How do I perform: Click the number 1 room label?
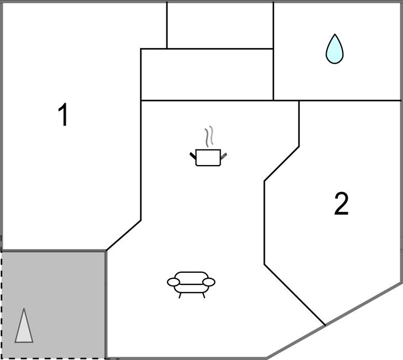[x=64, y=115]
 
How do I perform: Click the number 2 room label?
[x=342, y=204]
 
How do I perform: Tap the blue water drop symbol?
[x=334, y=49]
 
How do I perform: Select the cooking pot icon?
[x=208, y=157]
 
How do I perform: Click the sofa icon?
[x=191, y=283]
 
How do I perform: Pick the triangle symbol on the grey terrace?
[x=24, y=327]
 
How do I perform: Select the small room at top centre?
[x=220, y=25]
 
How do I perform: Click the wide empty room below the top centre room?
[x=207, y=75]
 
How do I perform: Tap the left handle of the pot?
[x=193, y=157]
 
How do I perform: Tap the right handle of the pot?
[x=224, y=157]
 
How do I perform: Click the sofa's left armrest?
[x=174, y=283]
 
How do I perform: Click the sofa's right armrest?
[x=209, y=282]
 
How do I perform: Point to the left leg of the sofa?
[x=180, y=295]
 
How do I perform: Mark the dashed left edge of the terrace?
[x=1, y=304]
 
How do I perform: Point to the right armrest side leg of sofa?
[x=203, y=295]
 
